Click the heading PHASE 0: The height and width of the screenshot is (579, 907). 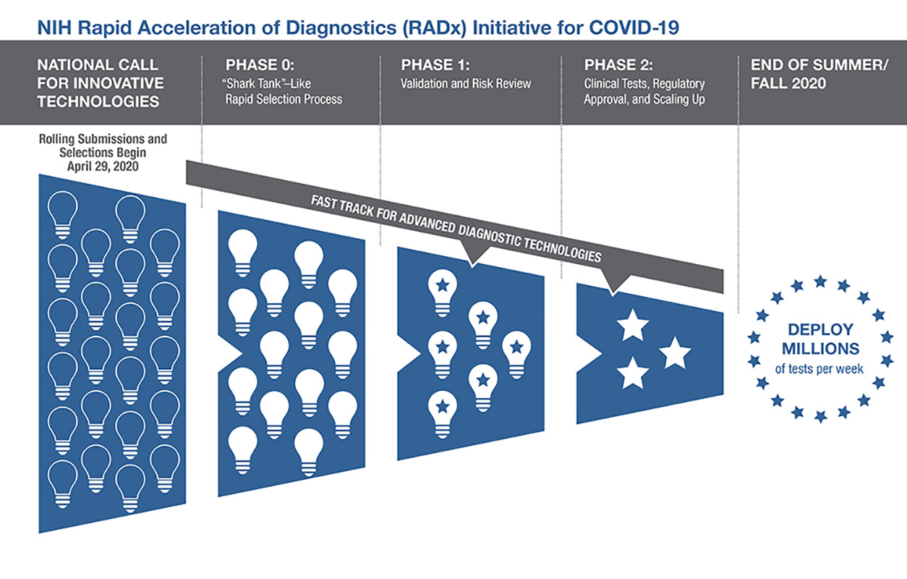[x=259, y=64]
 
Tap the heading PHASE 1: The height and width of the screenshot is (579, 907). [x=434, y=64]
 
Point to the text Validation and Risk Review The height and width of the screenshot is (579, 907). [x=466, y=83]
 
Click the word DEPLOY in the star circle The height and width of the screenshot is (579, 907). [x=819, y=329]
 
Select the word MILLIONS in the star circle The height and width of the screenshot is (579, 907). [x=819, y=348]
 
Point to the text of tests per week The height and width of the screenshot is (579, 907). [x=819, y=369]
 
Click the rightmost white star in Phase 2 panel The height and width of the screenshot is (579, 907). [x=676, y=352]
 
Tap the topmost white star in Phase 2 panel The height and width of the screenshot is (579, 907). [x=633, y=326]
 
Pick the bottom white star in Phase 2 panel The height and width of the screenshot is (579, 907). [x=633, y=373]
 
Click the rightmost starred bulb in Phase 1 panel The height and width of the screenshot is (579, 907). [x=516, y=352]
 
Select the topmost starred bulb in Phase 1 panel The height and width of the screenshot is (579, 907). [x=442, y=289]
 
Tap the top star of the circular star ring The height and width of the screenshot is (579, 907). [x=820, y=281]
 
